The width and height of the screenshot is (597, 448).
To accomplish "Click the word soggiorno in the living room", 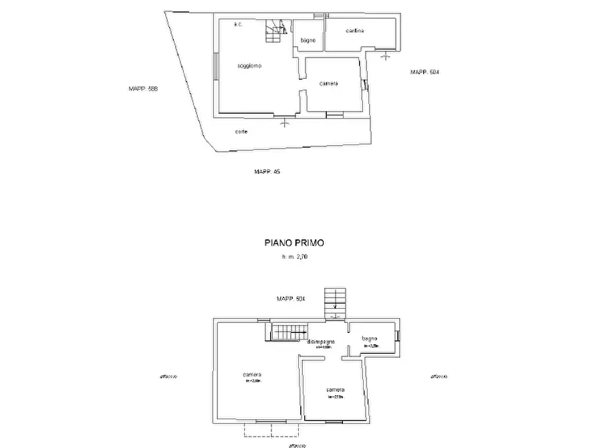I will [249, 66].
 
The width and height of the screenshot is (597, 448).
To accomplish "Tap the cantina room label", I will [355, 31].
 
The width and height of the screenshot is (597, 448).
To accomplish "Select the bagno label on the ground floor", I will [308, 41].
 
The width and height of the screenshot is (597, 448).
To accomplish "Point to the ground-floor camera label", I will [328, 84].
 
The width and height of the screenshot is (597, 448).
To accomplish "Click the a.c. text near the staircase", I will [237, 24].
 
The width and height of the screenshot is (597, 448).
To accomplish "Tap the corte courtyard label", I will [241, 132].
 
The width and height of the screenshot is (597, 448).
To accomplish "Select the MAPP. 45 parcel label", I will [267, 172].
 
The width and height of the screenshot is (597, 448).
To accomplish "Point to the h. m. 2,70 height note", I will [295, 257].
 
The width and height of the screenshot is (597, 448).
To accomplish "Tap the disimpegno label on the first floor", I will [321, 342].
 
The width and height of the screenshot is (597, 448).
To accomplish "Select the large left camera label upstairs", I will [252, 374].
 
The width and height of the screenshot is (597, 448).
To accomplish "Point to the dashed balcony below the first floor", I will [265, 429].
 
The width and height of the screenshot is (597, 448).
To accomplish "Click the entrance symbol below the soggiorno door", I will [286, 122].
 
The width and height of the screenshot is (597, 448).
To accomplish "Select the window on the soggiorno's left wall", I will [215, 66].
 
